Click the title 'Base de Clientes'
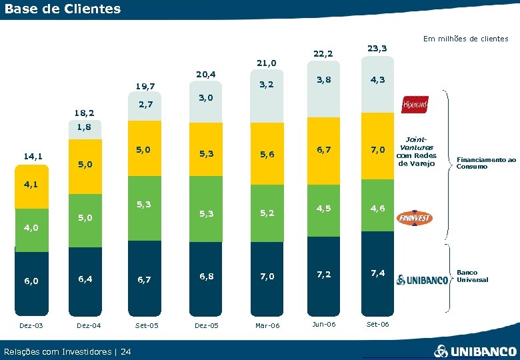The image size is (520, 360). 63,9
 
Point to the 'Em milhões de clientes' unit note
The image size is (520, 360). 465,39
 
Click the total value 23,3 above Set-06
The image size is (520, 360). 377,48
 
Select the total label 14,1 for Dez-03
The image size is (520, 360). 32,157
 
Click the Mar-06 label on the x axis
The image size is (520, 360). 267,325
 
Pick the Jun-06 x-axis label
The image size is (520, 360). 323,324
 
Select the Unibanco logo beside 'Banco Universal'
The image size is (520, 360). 423,279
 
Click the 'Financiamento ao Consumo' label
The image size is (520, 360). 486,163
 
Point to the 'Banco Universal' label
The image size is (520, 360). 472,276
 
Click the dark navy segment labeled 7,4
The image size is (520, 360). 377,273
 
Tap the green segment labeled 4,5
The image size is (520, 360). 323,207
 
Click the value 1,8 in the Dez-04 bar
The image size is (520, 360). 84,127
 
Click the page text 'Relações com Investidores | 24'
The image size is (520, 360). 67,351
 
